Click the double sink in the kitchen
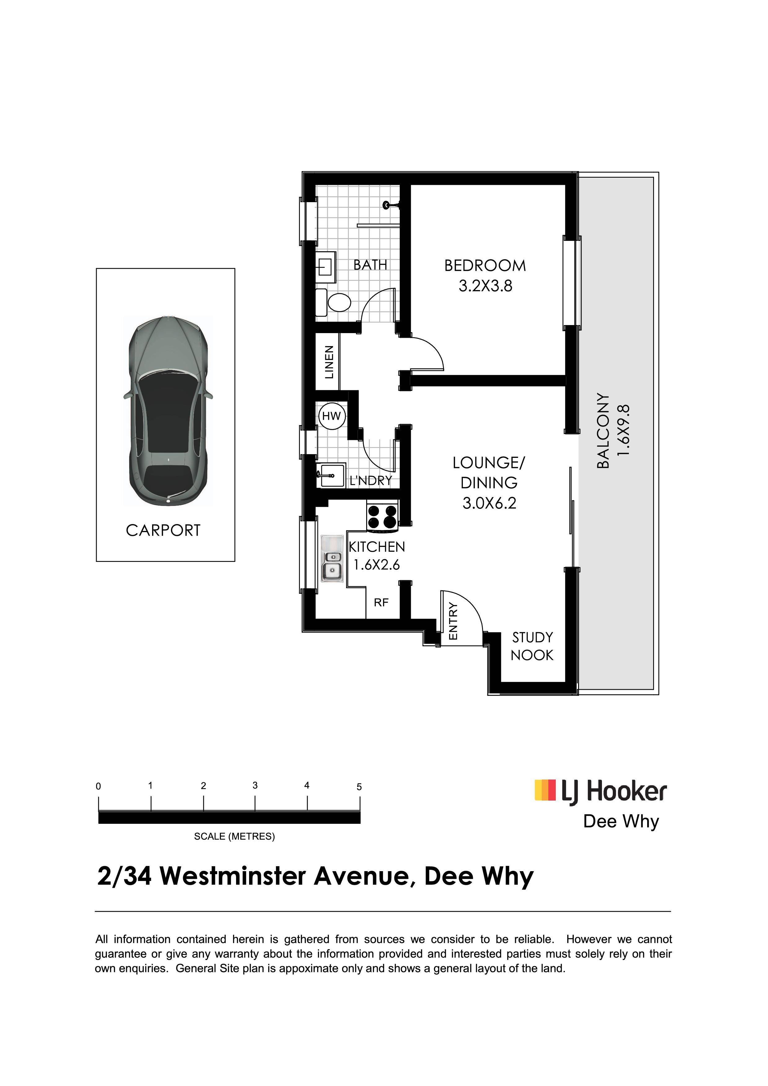coord(332,558)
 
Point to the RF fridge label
coord(381,602)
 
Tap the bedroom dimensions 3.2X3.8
coord(485,286)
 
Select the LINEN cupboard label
coord(329,362)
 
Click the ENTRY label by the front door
coord(453,621)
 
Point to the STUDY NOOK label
coord(532,646)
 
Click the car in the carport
coord(168,411)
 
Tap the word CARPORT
coord(163,530)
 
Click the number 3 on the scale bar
coord(255,786)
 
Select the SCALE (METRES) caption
coord(234,836)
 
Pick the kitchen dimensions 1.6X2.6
coord(377,564)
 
